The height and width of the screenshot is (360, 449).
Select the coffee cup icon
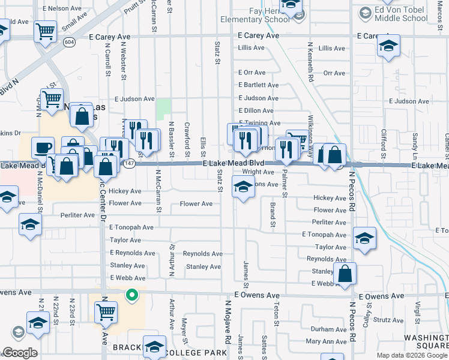click(43, 148)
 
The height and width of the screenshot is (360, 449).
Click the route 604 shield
click(69, 42)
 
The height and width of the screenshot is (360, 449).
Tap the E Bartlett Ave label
click(258, 85)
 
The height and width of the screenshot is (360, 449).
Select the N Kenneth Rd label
click(311, 62)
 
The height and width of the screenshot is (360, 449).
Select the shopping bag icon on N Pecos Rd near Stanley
click(345, 274)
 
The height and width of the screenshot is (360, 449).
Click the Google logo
click(20, 353)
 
